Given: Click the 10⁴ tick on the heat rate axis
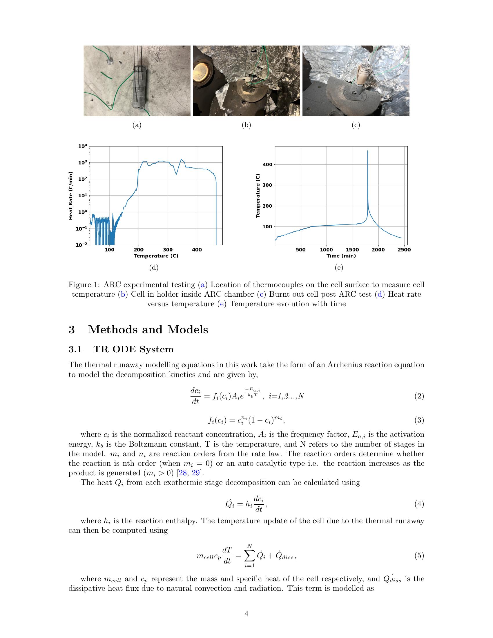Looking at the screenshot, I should pos(83,146).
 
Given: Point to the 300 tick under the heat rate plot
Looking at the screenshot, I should pos(168,250).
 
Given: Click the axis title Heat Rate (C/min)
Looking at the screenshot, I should pos(70,196).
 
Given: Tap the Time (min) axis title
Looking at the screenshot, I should pos(341,256).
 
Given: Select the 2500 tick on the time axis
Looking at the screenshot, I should pos(404,250).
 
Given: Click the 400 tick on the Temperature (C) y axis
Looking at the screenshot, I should pos(267,164).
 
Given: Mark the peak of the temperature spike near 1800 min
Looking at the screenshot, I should pos(367,151).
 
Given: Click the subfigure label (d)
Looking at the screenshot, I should pos(154,268).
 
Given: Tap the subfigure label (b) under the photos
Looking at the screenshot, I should pos(246,125).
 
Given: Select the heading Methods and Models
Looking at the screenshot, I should pos(148,329).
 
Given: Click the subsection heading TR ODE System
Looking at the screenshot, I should pos(133,349).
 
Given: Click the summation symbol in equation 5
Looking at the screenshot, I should pos(249,556).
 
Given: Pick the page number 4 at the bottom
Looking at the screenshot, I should pos(246,614).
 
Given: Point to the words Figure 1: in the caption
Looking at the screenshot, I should pos(84,284).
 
